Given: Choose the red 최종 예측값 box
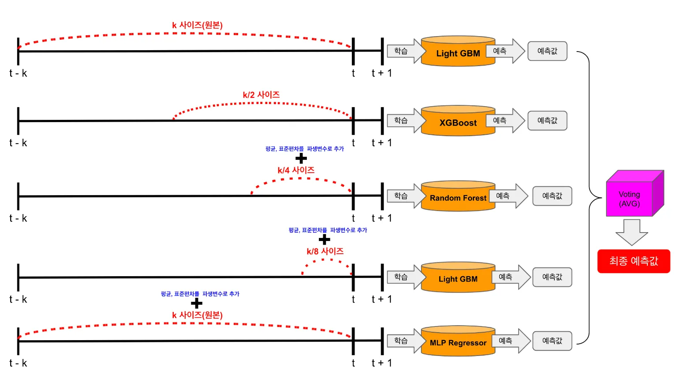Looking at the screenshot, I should tap(634, 261).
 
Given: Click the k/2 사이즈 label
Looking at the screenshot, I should tap(261, 95).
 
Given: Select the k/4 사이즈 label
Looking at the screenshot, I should tap(296, 170).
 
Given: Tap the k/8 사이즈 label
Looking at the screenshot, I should tap(325, 251).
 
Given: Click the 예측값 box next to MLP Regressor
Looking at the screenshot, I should tap(552, 341).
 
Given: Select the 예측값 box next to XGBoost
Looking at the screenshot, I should tap(547, 121).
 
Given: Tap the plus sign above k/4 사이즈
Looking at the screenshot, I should tap(301, 158).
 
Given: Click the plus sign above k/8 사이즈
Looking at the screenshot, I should tap(324, 240).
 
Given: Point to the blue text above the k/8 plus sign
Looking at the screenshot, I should tap(328, 230).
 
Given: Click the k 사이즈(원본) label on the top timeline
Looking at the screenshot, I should tap(197, 25).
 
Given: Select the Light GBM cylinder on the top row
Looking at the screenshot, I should tap(458, 52).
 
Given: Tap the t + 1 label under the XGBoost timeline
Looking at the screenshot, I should tap(381, 143).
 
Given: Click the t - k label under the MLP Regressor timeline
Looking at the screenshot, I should tap(18, 363).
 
